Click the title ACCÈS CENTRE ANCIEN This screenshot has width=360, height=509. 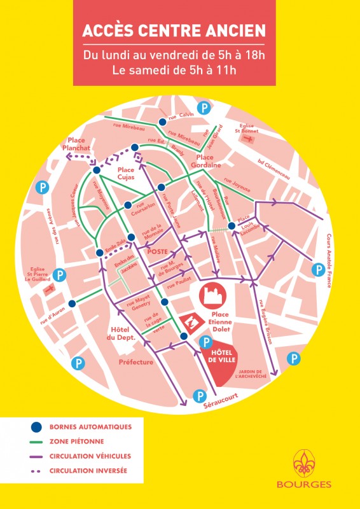coord(174,32)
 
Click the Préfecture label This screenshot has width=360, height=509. coord(136,362)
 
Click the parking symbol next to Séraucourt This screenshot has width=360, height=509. coord(200,395)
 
